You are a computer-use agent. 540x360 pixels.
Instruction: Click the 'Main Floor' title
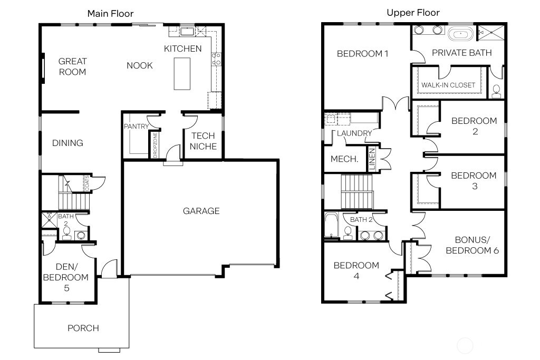coord(110,13)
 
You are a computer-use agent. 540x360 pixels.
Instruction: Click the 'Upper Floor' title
coord(413,13)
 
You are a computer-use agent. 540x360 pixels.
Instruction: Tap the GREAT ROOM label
coord(72,66)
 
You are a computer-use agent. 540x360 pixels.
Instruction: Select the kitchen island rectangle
coord(182,73)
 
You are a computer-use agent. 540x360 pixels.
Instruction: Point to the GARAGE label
coord(201,211)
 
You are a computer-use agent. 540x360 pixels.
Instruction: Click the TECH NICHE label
coord(203,141)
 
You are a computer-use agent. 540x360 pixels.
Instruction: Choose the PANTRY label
coord(135,127)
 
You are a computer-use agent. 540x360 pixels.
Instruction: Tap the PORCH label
coord(83,328)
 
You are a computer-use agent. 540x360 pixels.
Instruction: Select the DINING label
coord(67,143)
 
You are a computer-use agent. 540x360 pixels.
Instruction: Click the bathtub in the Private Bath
coord(461,35)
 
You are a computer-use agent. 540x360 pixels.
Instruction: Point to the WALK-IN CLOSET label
coord(448,85)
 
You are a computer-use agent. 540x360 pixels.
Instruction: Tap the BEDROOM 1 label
coord(362,53)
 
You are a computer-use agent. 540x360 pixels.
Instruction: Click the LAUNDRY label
coord(354,133)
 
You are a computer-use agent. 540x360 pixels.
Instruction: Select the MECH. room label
coord(344,159)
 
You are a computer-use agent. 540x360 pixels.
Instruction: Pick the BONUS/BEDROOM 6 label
coord(472,245)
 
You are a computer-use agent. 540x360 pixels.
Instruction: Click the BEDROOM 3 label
coord(474,181)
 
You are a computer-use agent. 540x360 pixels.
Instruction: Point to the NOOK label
coord(140,65)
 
